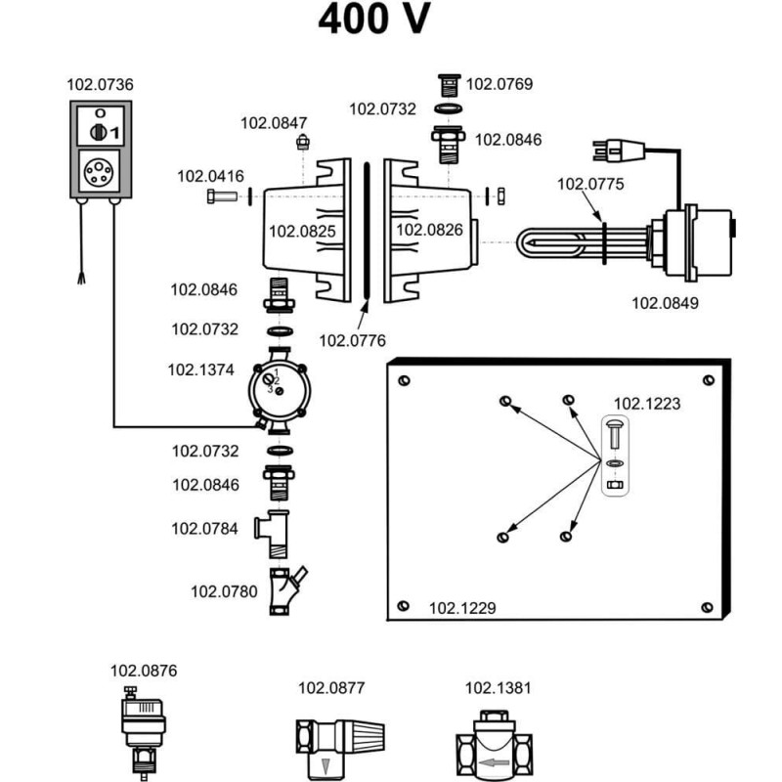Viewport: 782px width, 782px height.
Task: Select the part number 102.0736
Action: point(101,85)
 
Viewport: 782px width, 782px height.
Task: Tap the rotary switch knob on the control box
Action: point(99,130)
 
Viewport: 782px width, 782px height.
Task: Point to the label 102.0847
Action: point(275,123)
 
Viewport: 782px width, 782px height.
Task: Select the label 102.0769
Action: point(499,84)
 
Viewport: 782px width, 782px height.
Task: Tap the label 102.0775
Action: point(590,183)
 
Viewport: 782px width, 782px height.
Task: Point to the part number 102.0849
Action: point(665,303)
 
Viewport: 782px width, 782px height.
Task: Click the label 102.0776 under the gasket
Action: point(353,340)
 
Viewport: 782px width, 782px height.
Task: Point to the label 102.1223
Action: point(646,402)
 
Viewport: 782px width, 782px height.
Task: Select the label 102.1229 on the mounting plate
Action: point(462,608)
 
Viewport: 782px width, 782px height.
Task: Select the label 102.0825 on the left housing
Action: point(302,232)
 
